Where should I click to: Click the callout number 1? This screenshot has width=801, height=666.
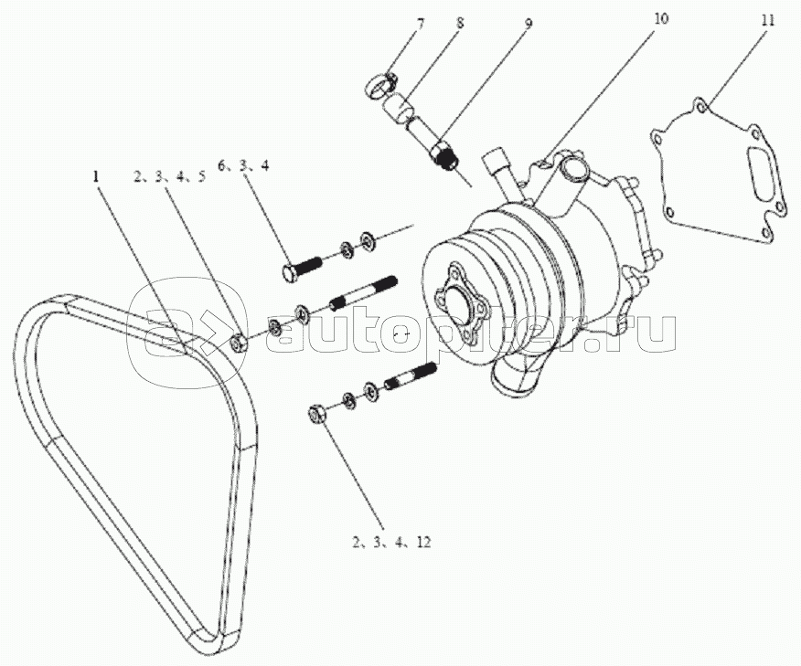coord(95,176)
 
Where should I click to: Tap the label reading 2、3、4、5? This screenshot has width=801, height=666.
coord(170,176)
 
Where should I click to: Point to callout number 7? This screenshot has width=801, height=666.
coord(420,24)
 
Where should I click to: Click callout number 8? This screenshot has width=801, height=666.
coord(461,24)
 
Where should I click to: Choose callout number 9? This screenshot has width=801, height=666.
coord(529,24)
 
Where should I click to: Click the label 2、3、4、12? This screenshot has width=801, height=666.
coord(392,542)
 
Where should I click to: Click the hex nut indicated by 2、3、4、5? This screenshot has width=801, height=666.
coord(238,342)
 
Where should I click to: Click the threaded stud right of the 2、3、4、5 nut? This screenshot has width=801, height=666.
coord(364,293)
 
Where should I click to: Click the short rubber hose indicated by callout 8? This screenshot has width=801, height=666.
coord(400,111)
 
